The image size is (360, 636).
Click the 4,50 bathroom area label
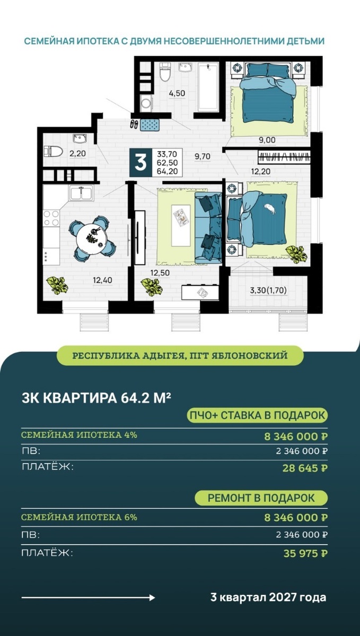point(177,93)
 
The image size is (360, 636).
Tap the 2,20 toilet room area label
point(77,154)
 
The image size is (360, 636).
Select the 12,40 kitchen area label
point(102,280)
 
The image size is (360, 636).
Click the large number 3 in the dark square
point(141,163)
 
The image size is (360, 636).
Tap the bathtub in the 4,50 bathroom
point(208,87)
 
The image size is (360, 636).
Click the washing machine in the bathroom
point(147,103)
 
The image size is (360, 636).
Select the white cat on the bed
point(269,209)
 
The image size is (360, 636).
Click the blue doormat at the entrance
point(151,125)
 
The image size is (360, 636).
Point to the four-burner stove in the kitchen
point(51,218)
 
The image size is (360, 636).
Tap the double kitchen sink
point(81,192)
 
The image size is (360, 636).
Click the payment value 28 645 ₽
point(305,468)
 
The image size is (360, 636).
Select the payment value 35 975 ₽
point(305,553)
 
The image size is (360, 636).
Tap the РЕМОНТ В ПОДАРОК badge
point(261,498)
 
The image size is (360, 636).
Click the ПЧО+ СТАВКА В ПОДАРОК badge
point(257,415)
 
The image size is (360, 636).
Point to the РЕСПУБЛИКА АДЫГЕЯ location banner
point(180,356)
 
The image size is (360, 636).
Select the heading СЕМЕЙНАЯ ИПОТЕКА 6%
point(79,517)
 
